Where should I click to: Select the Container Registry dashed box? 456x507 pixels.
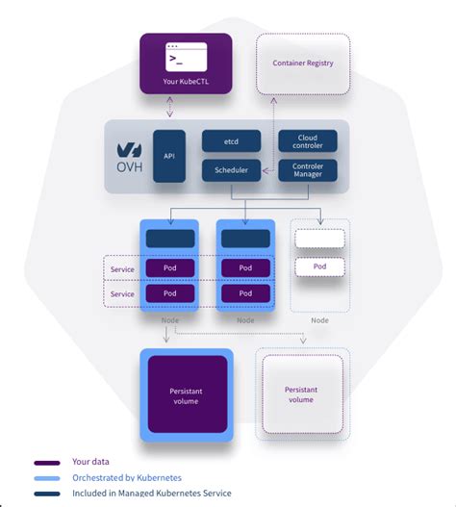[x=303, y=63]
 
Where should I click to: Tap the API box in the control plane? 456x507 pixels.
[x=169, y=155]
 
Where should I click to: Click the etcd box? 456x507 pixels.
[x=231, y=140]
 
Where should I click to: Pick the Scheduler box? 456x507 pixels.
[x=231, y=170]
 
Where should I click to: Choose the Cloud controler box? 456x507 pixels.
[x=308, y=140]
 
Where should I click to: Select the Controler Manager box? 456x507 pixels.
[x=308, y=170]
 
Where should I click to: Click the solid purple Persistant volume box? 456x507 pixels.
[x=187, y=393]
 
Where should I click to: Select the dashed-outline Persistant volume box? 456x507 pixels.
[x=301, y=393]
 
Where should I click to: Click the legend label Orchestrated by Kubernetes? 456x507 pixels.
[x=127, y=477]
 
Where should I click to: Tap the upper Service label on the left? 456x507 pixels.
[x=122, y=268]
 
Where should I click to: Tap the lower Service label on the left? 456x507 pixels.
[x=122, y=293]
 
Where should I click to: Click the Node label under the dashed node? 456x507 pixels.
[x=319, y=320]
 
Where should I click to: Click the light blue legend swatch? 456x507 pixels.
[x=48, y=478]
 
